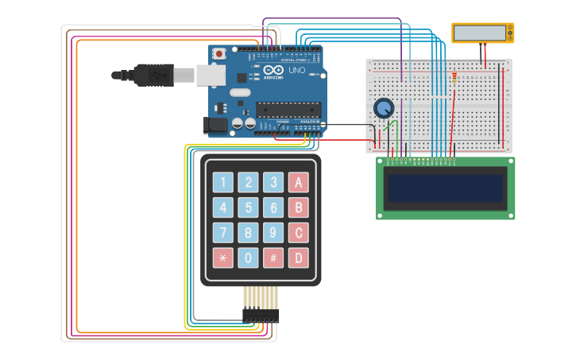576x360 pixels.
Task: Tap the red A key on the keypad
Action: [298, 183]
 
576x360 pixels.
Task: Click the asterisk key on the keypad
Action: [223, 257]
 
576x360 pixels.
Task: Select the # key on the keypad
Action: [273, 257]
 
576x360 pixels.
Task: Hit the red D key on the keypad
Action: [298, 257]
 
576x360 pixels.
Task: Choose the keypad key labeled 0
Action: [249, 257]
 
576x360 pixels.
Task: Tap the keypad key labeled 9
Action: [273, 233]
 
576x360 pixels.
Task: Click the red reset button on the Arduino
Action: [218, 53]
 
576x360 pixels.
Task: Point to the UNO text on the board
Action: [296, 70]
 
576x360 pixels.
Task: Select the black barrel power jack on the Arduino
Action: [215, 125]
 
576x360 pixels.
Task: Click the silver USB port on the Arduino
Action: [211, 75]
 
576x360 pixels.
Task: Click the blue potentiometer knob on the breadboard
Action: [384, 108]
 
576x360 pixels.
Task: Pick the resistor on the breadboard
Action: [454, 77]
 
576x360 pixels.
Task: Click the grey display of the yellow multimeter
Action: [479, 33]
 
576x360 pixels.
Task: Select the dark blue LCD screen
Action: [445, 188]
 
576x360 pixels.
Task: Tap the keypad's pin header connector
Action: [261, 315]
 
